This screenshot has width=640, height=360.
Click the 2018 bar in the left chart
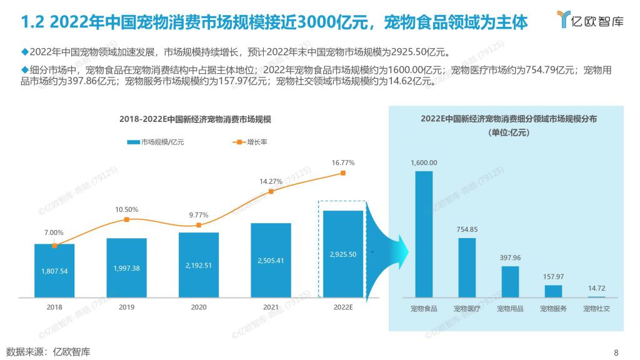click(x=54, y=270)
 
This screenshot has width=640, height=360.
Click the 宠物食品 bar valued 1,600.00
click(x=424, y=234)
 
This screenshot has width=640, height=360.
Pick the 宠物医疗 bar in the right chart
click(x=467, y=267)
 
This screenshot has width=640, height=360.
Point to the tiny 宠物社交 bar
click(x=596, y=297)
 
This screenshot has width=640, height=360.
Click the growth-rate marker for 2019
click(x=126, y=219)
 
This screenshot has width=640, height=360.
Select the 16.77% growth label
click(x=342, y=162)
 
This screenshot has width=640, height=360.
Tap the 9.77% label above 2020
click(x=199, y=215)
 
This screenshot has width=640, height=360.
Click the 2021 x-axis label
click(x=271, y=307)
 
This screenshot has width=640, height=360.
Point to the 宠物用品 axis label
click(x=510, y=309)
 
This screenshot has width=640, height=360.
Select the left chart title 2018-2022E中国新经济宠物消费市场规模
click(x=199, y=119)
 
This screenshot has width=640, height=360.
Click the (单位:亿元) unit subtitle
click(x=506, y=132)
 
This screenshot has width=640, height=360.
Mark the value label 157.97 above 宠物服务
click(x=553, y=276)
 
